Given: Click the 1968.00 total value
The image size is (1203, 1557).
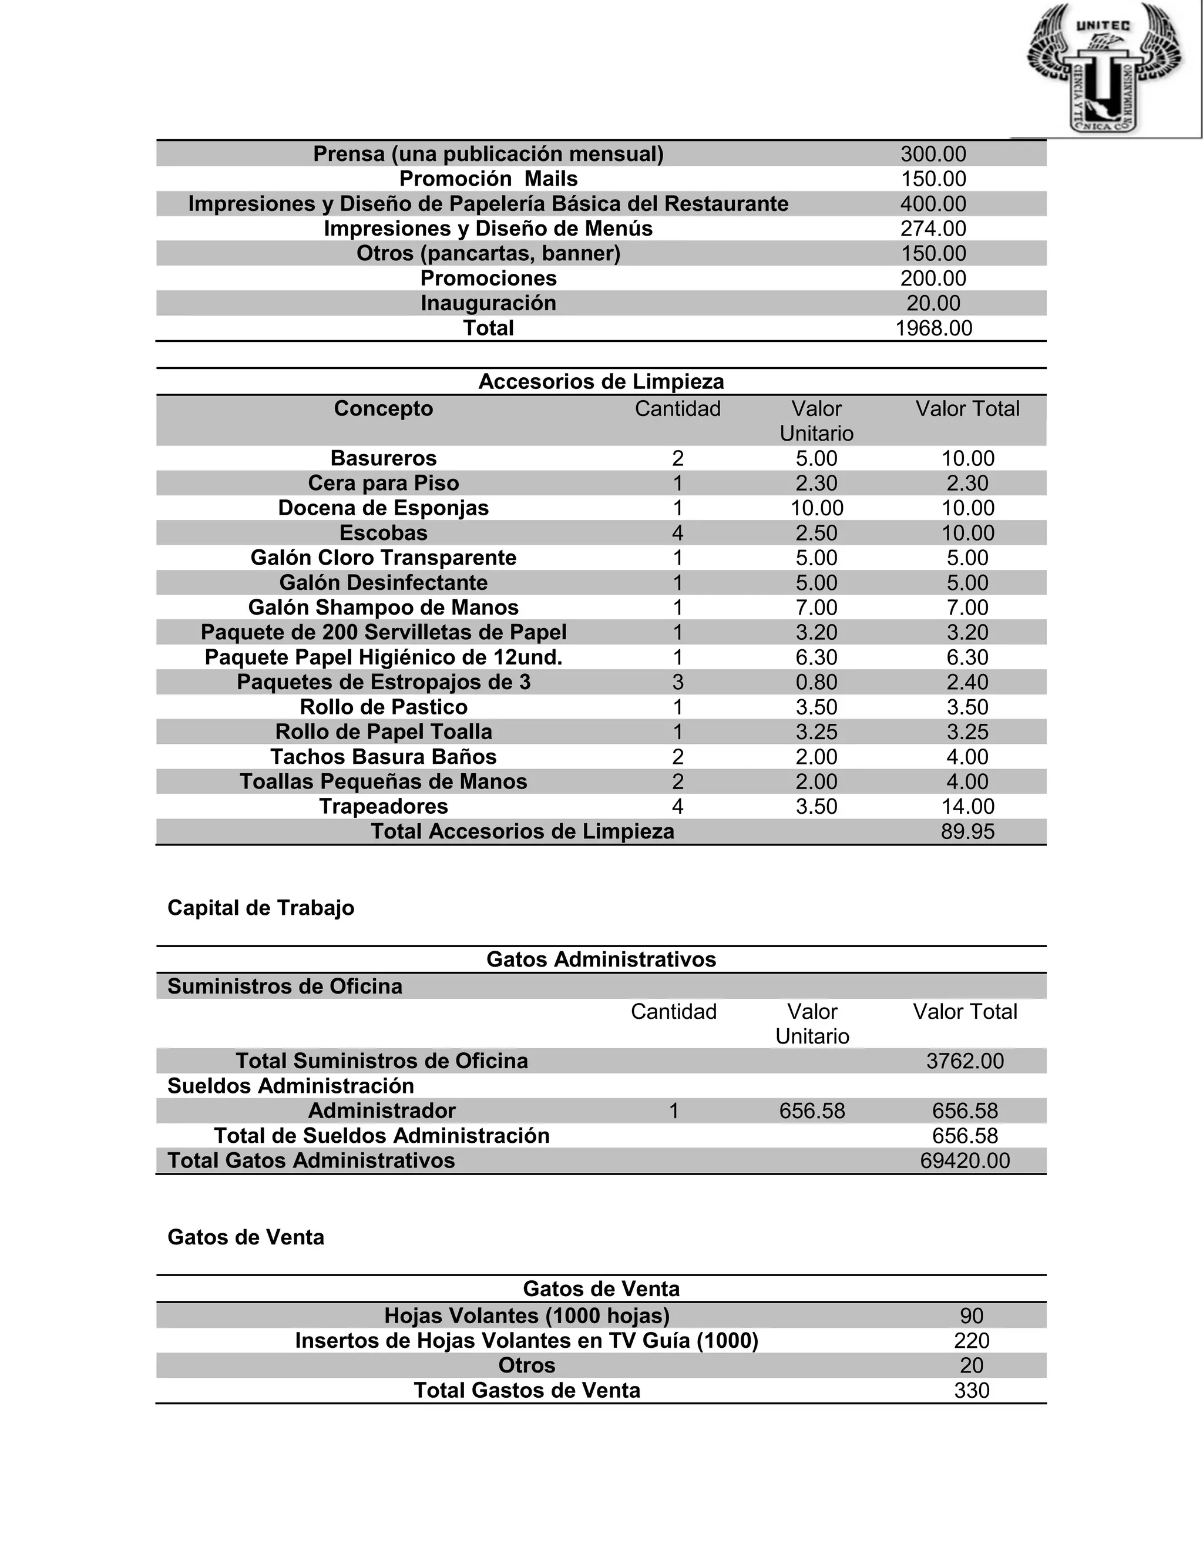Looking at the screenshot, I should [x=933, y=328].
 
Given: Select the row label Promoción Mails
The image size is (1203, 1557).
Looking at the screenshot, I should [x=488, y=179].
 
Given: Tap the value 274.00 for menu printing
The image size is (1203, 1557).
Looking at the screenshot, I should [x=933, y=229].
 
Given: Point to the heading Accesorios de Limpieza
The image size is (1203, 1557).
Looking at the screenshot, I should [x=601, y=382].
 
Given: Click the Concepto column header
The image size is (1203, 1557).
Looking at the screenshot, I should [x=384, y=409].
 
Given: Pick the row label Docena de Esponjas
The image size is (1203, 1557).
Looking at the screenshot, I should [x=384, y=508].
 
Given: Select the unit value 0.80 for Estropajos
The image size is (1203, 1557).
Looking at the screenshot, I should [x=816, y=682].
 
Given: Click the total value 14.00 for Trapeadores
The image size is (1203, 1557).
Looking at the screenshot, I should [x=967, y=806].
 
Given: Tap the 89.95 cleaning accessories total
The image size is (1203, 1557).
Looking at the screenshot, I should [x=967, y=832].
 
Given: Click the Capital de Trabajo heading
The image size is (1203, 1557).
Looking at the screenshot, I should [x=261, y=908].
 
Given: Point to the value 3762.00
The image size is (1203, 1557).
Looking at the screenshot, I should [x=965, y=1061].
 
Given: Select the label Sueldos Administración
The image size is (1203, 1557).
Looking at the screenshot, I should [x=291, y=1086].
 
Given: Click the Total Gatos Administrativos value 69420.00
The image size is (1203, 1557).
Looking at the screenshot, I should [x=965, y=1160].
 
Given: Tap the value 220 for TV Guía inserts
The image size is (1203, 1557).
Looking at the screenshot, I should [x=972, y=1341].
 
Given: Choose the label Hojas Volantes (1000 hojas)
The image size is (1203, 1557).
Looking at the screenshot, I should [x=527, y=1316].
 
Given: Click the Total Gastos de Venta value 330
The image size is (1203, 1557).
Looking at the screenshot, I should [x=972, y=1390].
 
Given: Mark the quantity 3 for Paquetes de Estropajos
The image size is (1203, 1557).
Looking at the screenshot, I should [x=677, y=682].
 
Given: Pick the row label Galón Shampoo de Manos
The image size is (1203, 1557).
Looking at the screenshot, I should [x=384, y=608].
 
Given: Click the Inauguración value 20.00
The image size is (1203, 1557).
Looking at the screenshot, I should [x=933, y=304].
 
